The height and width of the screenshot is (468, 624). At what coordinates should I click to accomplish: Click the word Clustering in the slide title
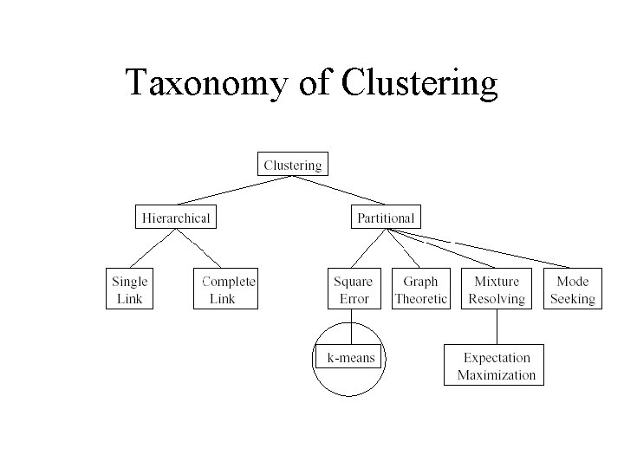(420, 83)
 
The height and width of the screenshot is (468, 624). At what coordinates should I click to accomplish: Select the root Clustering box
(293, 165)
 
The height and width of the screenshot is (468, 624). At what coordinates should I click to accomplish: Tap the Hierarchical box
(176, 217)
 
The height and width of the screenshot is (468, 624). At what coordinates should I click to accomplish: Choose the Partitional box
(386, 217)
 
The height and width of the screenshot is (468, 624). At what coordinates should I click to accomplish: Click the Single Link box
(129, 289)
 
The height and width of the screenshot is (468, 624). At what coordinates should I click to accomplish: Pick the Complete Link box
(226, 289)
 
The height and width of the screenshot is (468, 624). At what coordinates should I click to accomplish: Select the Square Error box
(353, 289)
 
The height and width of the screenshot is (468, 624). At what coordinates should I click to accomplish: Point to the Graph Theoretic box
(420, 289)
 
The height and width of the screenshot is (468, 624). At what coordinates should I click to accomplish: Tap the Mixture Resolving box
(497, 289)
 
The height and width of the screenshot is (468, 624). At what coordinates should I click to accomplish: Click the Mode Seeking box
(572, 289)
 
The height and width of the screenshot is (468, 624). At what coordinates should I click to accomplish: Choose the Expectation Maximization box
(496, 366)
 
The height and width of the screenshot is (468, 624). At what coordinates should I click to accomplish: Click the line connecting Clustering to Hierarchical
(234, 191)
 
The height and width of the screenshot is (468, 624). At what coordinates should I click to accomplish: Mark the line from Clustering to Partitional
(339, 191)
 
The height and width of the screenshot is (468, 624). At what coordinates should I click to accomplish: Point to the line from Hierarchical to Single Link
(149, 249)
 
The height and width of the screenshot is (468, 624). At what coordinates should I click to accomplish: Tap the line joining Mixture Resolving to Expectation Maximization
(497, 328)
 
